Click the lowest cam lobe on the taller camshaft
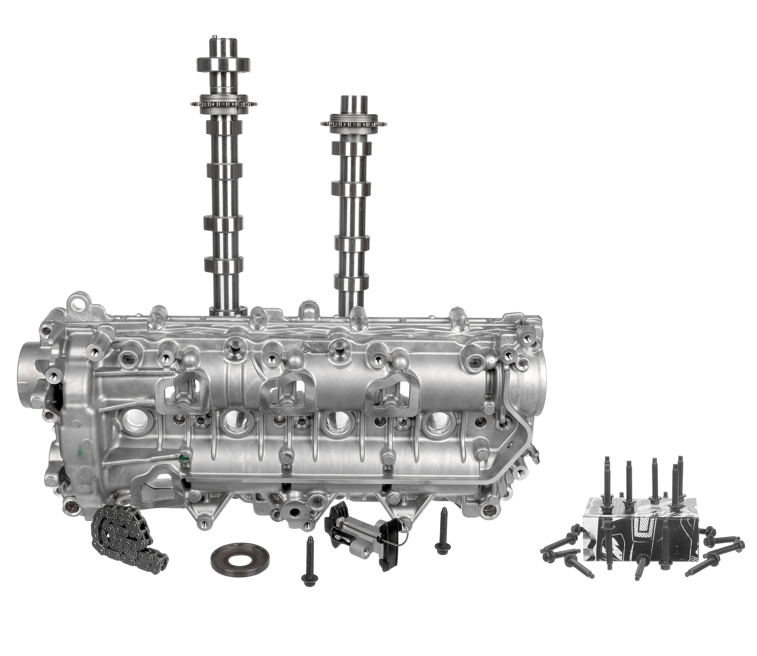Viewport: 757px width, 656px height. (223, 265)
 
